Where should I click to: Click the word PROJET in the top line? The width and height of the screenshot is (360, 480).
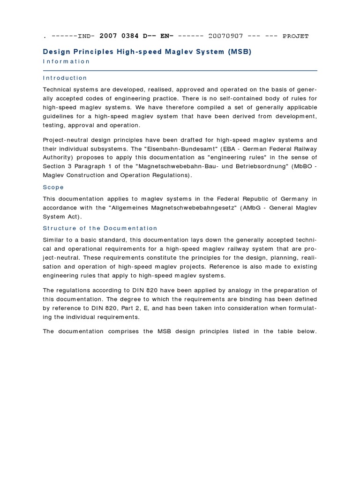click(296, 36)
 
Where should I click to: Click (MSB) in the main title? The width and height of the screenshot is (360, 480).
click(240, 52)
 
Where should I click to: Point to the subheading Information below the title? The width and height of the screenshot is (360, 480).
click(66, 61)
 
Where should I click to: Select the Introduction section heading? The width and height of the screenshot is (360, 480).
click(65, 78)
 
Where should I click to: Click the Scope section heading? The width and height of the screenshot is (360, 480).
click(53, 187)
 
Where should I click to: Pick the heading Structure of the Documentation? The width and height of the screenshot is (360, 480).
click(100, 228)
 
